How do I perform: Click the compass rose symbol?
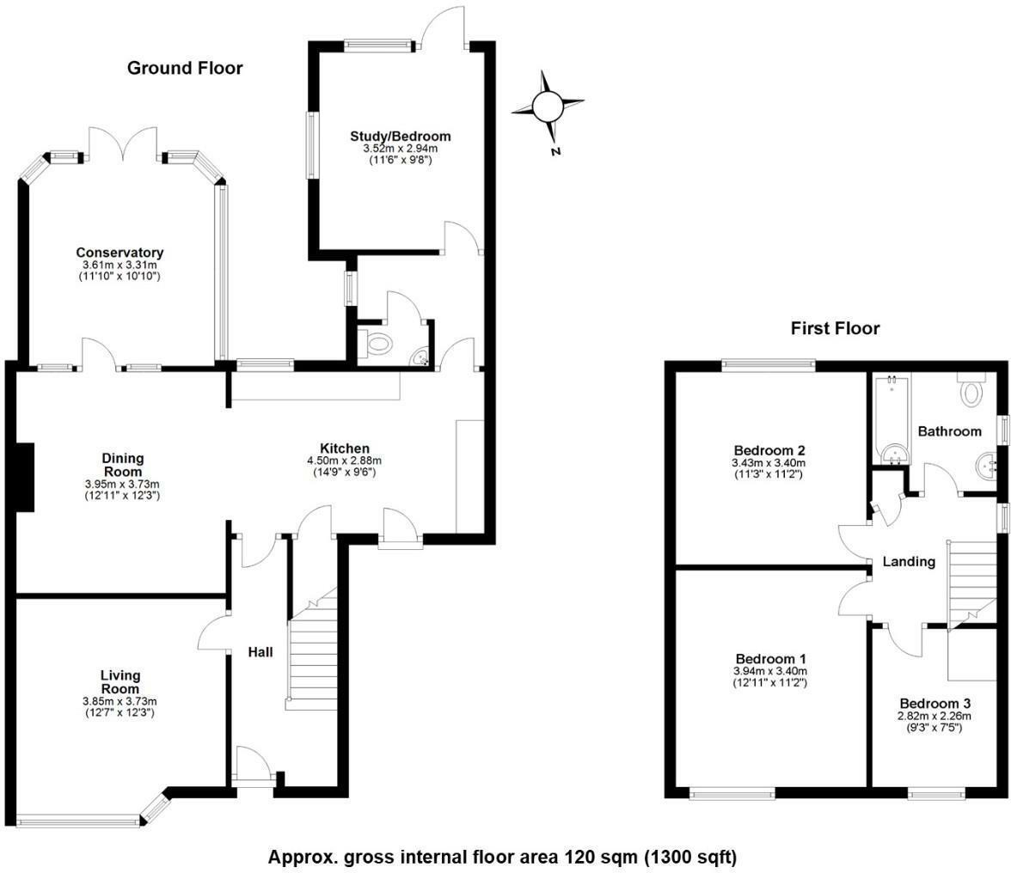(548, 107)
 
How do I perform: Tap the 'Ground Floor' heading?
(185, 68)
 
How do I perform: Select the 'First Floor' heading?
(835, 328)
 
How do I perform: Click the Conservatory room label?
(119, 253)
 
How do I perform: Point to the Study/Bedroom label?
(400, 137)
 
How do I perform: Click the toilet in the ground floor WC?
(377, 345)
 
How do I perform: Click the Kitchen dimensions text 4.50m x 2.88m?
(345, 461)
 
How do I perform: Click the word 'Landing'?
(909, 562)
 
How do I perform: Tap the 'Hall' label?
(260, 652)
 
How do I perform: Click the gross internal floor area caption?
(502, 857)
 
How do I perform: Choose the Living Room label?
(119, 682)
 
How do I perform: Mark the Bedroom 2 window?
(768, 365)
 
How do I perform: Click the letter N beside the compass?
(555, 151)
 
